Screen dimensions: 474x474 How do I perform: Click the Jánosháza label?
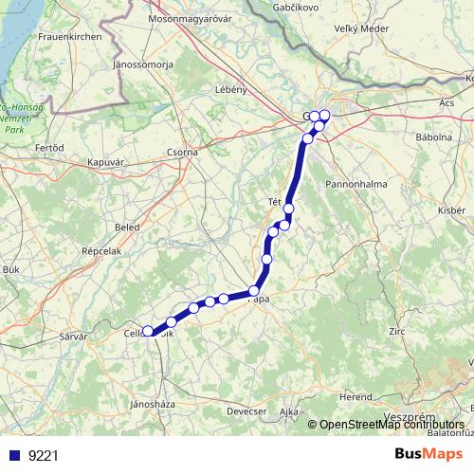(x=152, y=403)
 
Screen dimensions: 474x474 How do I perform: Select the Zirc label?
(x=397, y=331)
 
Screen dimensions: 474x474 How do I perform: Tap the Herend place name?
(x=357, y=395)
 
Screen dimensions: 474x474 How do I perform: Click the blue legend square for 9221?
(x=14, y=455)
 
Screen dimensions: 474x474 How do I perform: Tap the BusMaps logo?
(x=428, y=454)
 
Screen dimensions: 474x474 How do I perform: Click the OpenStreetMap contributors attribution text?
(x=390, y=425)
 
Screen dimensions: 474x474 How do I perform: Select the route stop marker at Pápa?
(x=253, y=291)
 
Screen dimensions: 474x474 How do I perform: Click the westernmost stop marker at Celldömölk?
(x=147, y=332)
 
